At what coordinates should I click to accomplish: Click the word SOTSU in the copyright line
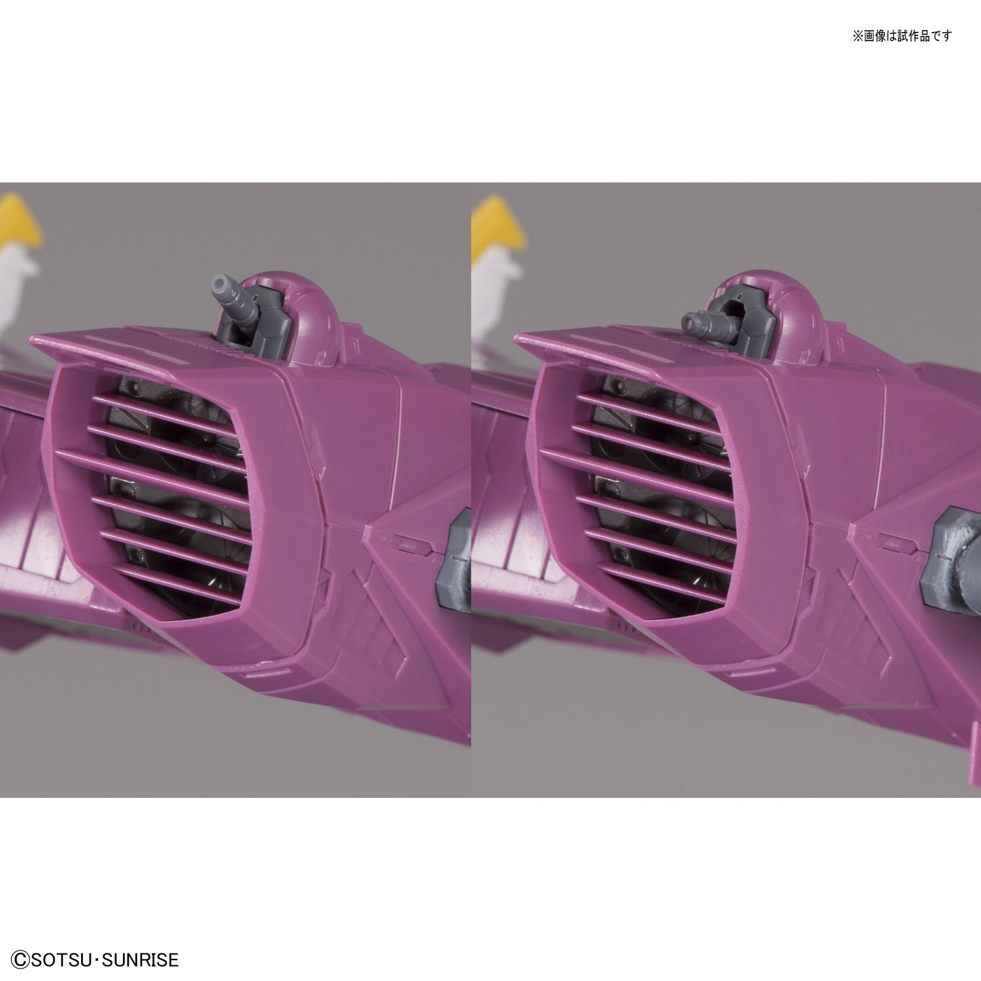(61, 960)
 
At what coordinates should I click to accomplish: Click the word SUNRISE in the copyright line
(143, 960)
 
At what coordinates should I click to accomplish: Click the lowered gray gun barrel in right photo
(701, 320)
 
